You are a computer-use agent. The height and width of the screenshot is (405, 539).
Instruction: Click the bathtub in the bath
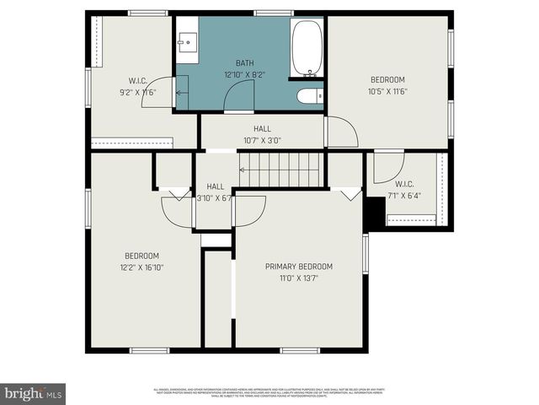pos(308,48)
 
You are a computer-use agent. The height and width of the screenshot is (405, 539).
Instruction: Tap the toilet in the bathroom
pos(308,96)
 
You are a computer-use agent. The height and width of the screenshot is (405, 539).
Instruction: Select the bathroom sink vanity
pos(187,41)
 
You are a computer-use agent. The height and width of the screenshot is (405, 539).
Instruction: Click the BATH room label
pos(244,63)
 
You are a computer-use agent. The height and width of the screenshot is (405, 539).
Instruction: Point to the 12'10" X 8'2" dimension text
pos(244,74)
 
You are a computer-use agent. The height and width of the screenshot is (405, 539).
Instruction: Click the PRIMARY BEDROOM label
pos(299,267)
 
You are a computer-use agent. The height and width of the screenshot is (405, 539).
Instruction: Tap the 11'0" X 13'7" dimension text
pos(299,278)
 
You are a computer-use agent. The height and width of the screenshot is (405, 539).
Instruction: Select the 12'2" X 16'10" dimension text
pos(141,267)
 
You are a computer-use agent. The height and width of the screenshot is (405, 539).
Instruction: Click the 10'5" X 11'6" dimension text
pos(387,91)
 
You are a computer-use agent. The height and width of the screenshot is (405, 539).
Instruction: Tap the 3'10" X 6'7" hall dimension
pos(214,198)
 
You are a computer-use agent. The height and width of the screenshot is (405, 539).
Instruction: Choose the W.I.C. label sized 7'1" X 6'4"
pos(404,184)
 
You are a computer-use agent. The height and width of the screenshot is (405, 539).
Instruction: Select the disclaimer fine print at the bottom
pos(269,391)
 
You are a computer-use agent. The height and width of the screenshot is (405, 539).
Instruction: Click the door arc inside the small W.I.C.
pos(389,164)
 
